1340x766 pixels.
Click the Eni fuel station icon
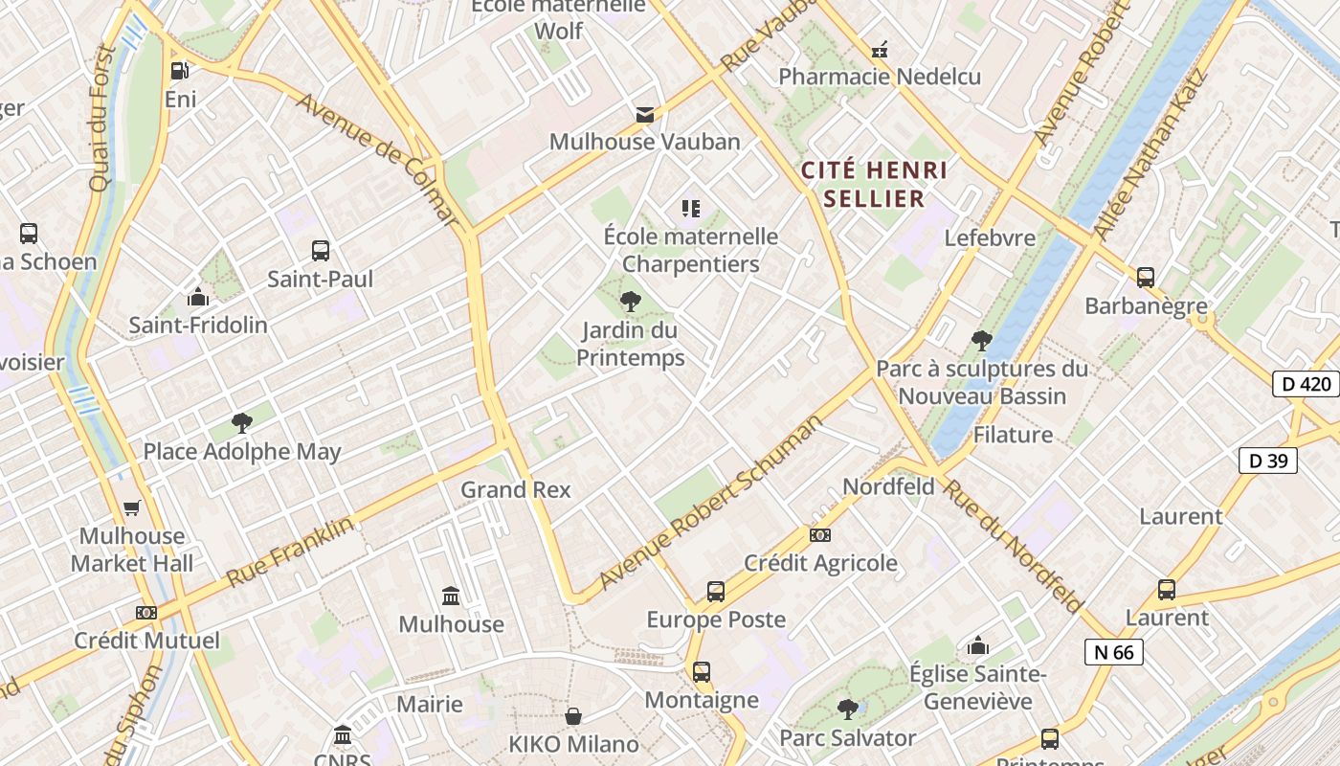(179, 70)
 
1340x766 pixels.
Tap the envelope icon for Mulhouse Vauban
(645, 115)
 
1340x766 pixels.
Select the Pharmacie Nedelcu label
(880, 77)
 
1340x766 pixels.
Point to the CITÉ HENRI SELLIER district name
(875, 185)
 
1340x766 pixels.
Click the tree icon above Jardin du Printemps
(630, 302)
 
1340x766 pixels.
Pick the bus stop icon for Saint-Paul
(321, 251)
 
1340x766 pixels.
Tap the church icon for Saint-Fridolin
(198, 297)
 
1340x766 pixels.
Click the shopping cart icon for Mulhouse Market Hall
(131, 508)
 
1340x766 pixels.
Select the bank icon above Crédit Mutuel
(145, 613)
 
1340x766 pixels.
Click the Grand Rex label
(515, 490)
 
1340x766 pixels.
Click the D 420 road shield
(1306, 384)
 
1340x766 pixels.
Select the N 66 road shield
(1113, 652)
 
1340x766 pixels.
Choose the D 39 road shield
(1268, 461)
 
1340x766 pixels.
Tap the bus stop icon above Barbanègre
(1146, 278)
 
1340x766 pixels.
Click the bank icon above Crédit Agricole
(820, 535)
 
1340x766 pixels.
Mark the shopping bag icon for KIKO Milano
(573, 716)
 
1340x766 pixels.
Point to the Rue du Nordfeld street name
(1013, 545)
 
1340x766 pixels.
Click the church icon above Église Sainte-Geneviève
(977, 646)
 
